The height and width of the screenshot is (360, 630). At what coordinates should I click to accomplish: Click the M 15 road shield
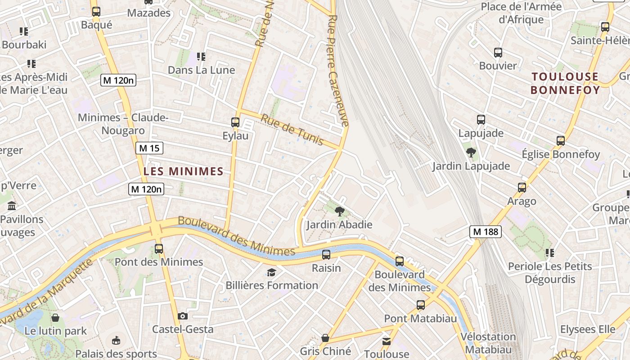[x=149, y=148]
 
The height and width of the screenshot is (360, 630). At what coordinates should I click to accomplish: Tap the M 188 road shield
[x=485, y=232]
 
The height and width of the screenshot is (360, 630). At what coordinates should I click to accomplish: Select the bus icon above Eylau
[x=235, y=122]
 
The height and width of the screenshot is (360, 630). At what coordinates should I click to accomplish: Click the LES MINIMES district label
[x=183, y=171]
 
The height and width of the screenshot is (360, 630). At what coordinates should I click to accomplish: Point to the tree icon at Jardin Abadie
[x=340, y=211]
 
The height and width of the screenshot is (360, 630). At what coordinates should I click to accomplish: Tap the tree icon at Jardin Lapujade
[x=471, y=153]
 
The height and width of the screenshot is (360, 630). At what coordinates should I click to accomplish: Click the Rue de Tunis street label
[x=292, y=130]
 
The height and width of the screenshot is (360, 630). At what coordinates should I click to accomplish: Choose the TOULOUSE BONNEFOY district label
[x=565, y=83]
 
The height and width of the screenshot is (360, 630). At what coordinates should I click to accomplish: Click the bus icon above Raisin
[x=326, y=255]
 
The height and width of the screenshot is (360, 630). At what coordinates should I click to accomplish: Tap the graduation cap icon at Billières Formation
[x=271, y=272]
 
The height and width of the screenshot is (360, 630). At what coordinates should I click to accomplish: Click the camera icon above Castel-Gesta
[x=182, y=316]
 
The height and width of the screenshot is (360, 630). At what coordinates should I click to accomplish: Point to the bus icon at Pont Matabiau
[x=420, y=305]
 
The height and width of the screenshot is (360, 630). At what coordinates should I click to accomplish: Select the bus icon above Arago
[x=522, y=188]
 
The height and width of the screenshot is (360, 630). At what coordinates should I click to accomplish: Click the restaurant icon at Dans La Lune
[x=201, y=57]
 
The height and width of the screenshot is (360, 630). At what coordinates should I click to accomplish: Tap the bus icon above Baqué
[x=96, y=12]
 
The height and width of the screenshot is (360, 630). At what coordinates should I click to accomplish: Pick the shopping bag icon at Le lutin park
[x=55, y=318]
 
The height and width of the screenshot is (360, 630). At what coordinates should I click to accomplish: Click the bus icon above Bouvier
[x=498, y=53]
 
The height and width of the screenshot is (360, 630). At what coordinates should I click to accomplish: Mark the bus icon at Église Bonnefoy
[x=561, y=141]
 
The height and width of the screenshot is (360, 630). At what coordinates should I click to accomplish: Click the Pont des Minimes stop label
[x=159, y=262]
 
